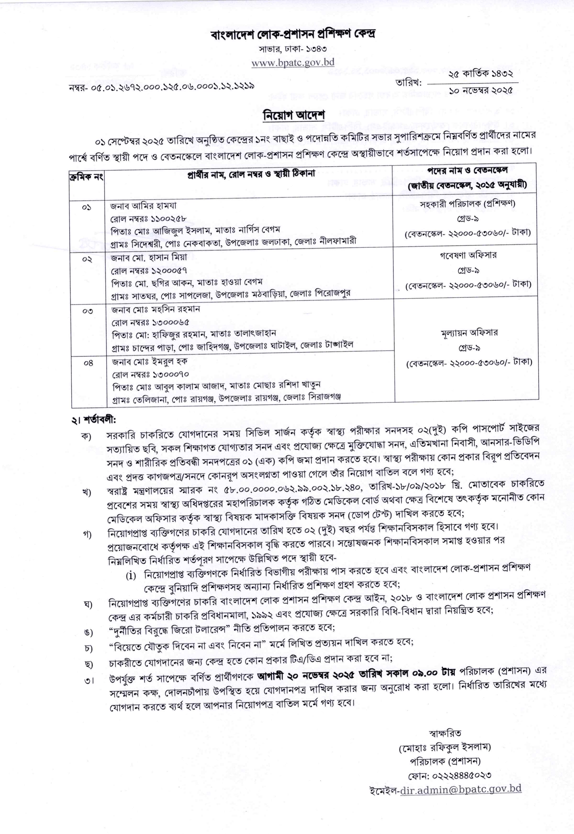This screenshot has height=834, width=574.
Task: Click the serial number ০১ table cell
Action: [87, 208]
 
